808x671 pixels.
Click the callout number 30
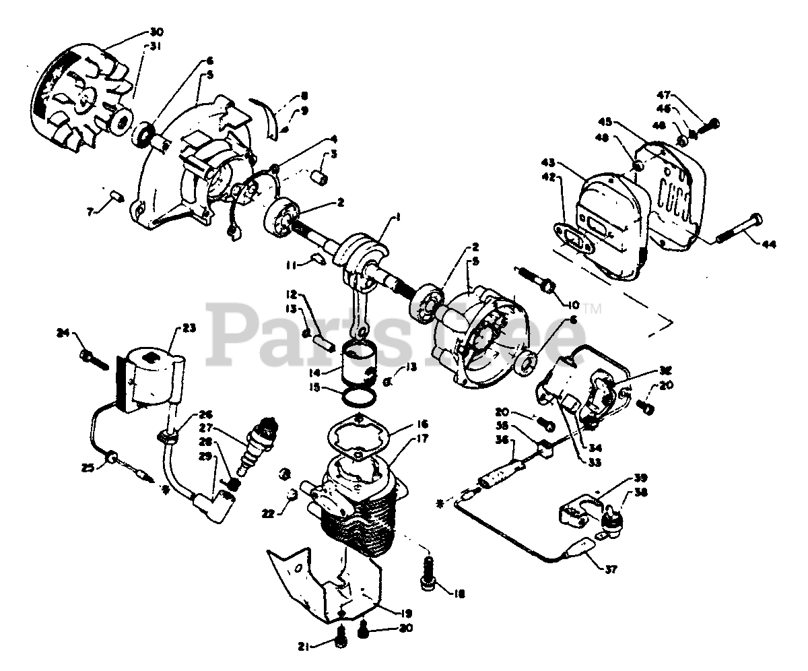[156, 32]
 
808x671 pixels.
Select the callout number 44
[768, 245]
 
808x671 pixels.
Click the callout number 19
[406, 613]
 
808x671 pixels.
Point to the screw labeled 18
[428, 571]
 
